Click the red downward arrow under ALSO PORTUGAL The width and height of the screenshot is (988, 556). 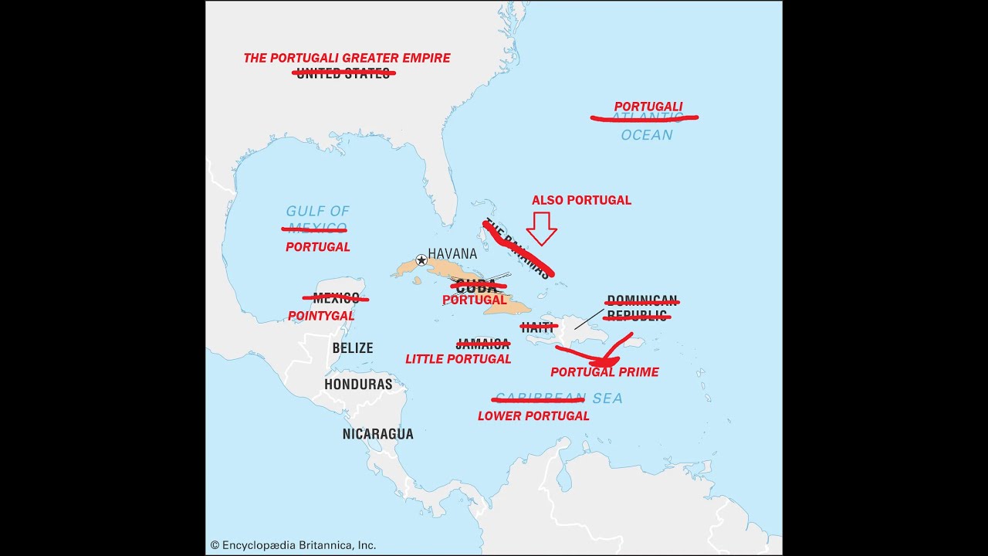tap(541, 229)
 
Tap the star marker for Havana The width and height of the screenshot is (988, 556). tap(421, 260)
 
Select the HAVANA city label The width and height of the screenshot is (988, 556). tap(452, 253)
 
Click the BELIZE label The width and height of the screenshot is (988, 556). tap(352, 348)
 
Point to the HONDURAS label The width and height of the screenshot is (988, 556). tap(358, 384)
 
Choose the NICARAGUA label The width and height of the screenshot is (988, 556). tap(377, 434)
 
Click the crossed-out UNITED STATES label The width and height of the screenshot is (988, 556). tap(343, 73)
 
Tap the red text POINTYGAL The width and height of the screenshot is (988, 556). tap(321, 316)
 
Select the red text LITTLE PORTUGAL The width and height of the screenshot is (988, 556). tap(458, 359)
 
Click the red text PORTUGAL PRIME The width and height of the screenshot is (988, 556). tap(604, 372)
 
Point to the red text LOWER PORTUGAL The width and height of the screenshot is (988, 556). tap(533, 415)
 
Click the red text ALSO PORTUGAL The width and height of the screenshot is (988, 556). tap(581, 200)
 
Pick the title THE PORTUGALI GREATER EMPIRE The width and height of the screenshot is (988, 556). tap(347, 58)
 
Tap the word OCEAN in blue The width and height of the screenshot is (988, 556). tap(647, 135)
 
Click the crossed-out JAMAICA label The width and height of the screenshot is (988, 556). tap(482, 344)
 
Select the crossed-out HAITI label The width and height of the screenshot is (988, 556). tap(538, 327)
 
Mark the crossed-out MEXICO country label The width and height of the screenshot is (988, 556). tap(335, 298)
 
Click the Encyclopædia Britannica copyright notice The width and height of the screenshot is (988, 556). tap(293, 545)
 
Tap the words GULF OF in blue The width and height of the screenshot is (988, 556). tap(317, 211)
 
